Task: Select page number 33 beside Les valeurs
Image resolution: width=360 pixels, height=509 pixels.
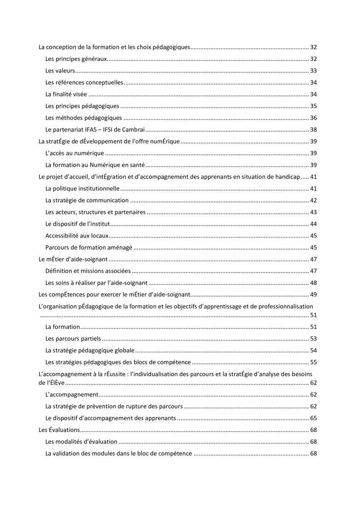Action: click(314, 70)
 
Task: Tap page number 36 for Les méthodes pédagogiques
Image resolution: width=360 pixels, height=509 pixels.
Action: click(314, 118)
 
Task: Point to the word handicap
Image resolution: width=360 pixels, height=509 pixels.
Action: click(287, 176)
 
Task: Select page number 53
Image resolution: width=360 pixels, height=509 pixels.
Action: click(314, 338)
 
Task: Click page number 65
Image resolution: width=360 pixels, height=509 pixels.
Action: click(314, 418)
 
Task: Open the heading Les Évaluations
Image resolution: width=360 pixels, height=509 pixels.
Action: click(59, 430)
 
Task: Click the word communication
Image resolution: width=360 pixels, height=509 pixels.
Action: click(108, 200)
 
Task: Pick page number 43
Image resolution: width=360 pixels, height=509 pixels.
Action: click(314, 212)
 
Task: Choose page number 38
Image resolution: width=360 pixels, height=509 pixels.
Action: click(314, 130)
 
